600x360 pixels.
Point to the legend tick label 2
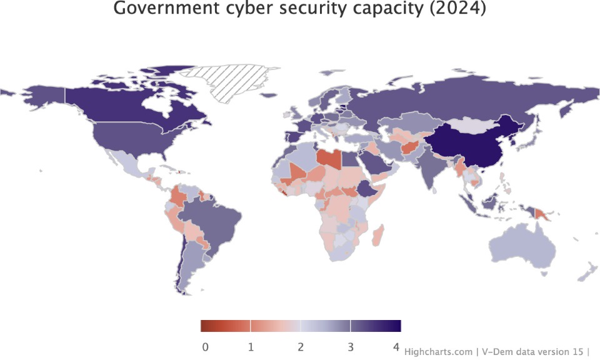tap(301, 347)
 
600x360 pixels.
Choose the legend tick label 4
tap(396, 347)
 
